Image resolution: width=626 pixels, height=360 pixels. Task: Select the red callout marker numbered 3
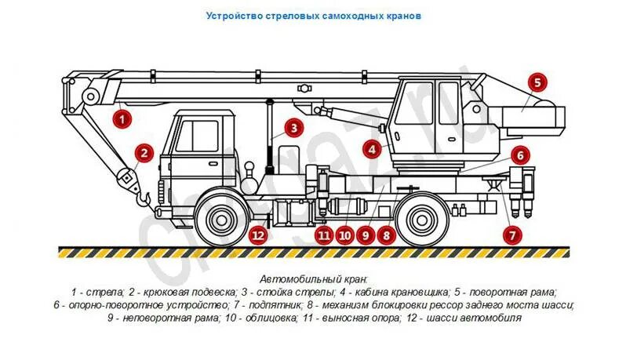292,128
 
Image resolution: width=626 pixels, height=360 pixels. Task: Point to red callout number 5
537,82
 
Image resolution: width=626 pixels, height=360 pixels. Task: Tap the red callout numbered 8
385,233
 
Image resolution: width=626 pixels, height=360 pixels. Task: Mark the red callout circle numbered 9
364,233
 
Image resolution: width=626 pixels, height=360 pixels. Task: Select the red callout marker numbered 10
344,233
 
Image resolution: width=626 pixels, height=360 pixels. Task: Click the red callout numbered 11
324,233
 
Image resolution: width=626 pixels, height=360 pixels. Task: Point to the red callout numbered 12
259,233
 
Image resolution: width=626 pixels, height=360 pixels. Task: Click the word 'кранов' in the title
404,15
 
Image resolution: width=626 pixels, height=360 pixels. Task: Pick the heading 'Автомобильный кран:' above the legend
313,279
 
